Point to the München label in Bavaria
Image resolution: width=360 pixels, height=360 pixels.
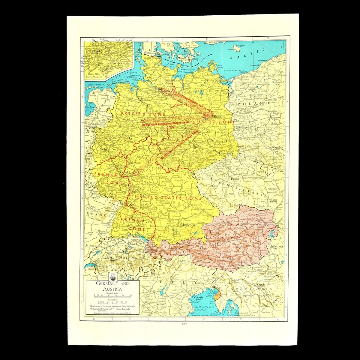[188, 225]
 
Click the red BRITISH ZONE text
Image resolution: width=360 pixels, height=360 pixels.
[135, 114]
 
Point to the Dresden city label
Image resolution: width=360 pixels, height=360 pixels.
[225, 153]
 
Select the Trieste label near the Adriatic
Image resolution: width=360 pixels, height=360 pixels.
[214, 291]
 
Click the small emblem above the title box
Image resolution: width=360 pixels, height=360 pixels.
[112, 275]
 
